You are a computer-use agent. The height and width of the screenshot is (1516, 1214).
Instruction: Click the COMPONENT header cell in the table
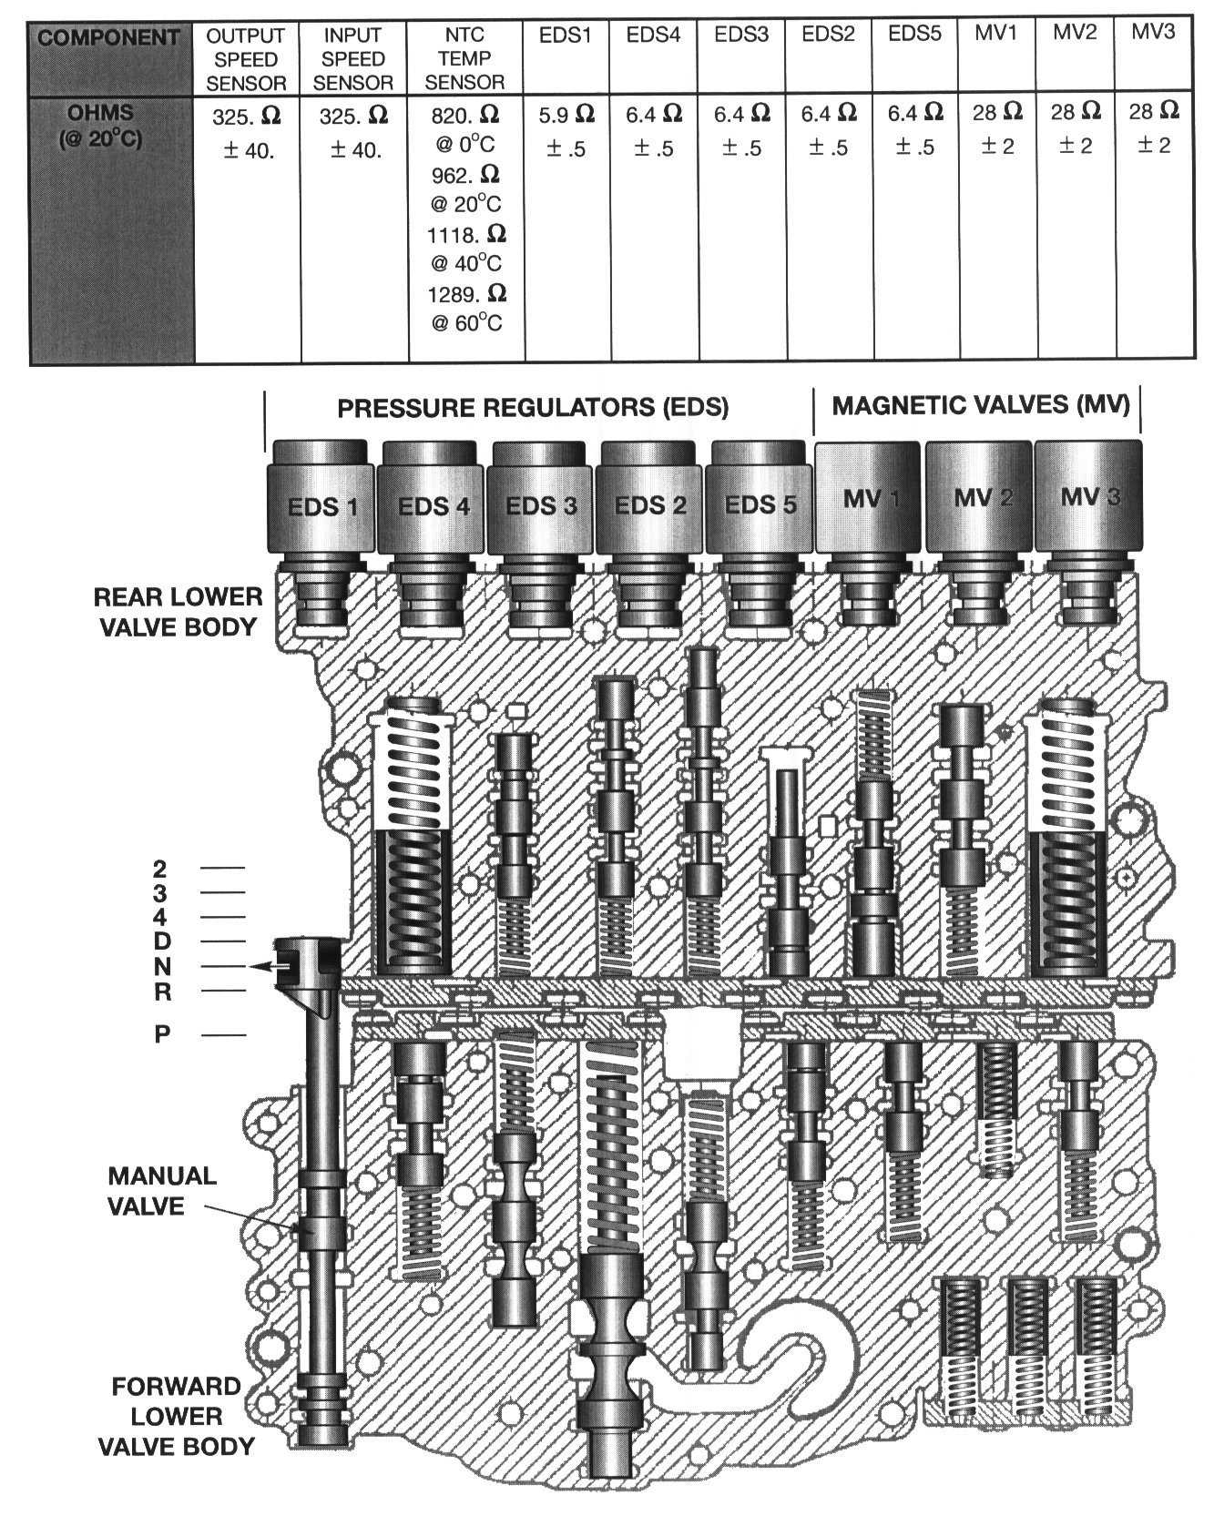tap(110, 38)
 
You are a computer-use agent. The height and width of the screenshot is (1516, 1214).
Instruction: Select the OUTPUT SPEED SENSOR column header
tap(246, 60)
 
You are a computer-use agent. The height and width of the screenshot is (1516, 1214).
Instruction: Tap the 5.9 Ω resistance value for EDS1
tap(566, 115)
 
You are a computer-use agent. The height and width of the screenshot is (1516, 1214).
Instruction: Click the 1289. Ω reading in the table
tap(466, 295)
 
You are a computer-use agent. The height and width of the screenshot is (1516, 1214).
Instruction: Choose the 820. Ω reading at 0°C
tap(466, 115)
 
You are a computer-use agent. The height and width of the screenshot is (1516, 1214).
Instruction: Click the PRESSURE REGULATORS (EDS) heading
tap(533, 407)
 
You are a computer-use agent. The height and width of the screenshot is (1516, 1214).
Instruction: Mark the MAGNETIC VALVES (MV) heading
tap(980, 405)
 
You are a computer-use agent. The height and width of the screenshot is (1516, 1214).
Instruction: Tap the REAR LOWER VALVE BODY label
tap(177, 611)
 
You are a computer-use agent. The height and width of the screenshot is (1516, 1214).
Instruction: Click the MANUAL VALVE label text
tap(162, 1191)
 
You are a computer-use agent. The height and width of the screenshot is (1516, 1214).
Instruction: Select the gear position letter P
tap(161, 1034)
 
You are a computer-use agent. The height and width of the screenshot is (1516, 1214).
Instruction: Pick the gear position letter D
tap(161, 941)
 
